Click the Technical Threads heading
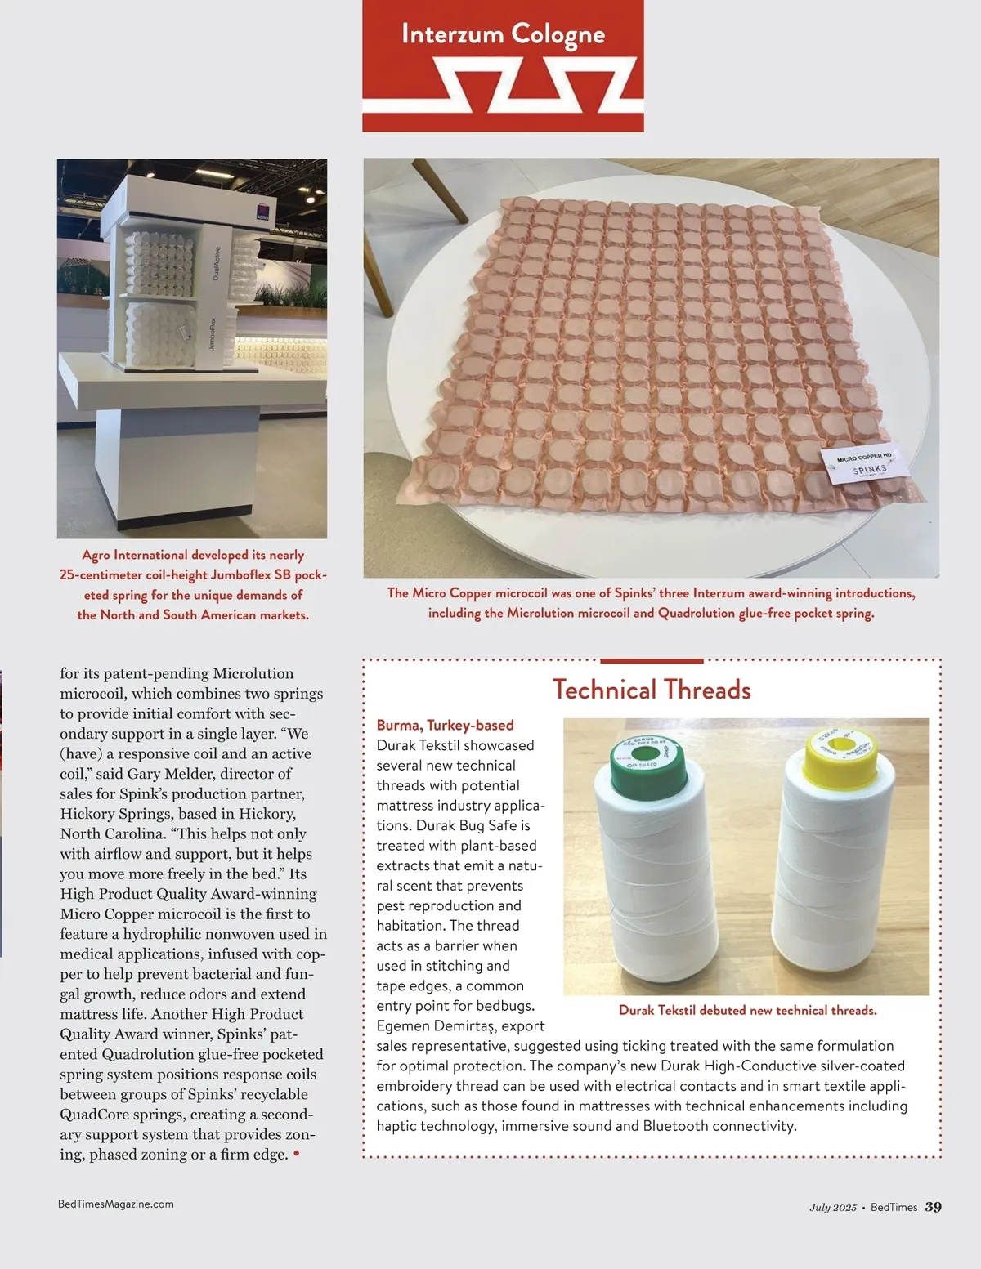pos(652,690)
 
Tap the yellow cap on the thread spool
pos(840,757)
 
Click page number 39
pos(933,1207)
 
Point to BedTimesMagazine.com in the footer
pos(116,1204)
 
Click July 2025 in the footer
pos(832,1207)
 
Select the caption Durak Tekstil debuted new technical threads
pos(748,1010)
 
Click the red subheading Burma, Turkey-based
pos(446,726)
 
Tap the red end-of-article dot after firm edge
pos(296,1153)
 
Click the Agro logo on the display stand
pos(262,212)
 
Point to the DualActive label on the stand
pos(216,263)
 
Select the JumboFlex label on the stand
pos(212,334)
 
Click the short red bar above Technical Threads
pos(652,661)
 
